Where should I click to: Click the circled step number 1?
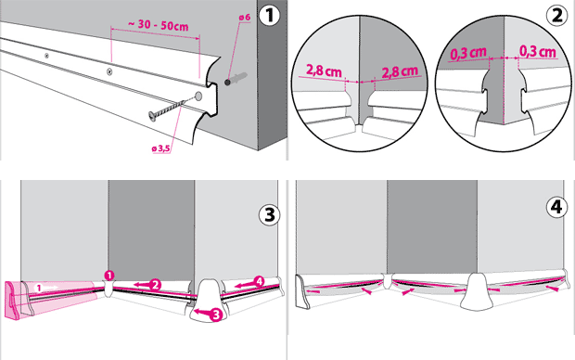click(x=269, y=16)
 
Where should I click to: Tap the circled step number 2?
click(x=556, y=16)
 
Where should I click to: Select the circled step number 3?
click(x=270, y=214)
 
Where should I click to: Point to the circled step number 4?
click(x=556, y=207)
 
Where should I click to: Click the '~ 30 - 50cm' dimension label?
click(x=159, y=25)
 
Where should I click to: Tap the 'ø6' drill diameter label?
click(x=244, y=18)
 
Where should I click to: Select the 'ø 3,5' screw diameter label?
click(x=161, y=148)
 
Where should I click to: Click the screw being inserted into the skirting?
click(x=170, y=109)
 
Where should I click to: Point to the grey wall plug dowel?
click(x=236, y=79)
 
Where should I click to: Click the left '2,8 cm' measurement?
click(x=324, y=71)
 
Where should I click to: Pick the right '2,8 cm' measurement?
click(x=400, y=71)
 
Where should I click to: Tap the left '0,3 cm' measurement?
click(x=468, y=54)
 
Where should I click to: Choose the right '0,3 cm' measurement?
click(x=538, y=52)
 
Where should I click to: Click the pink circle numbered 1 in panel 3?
click(x=109, y=276)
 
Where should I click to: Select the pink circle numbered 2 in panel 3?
click(x=156, y=285)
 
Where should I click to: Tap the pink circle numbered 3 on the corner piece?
click(x=216, y=315)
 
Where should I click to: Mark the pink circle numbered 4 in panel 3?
click(x=259, y=281)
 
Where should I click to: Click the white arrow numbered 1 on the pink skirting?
click(x=45, y=288)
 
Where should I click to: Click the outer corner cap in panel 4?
click(x=476, y=291)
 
